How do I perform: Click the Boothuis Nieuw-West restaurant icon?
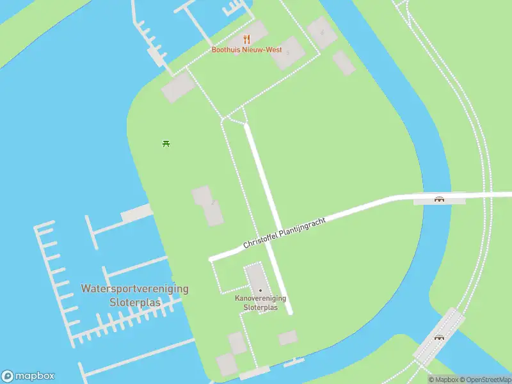tap(247, 39)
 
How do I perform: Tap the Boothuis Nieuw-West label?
tap(247, 49)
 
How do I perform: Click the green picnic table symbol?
tap(166, 143)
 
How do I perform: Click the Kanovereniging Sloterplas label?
tap(260, 303)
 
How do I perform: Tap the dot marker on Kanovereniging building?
tap(260, 291)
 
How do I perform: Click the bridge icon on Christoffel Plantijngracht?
tap(440, 198)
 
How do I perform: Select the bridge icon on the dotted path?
tap(439, 337)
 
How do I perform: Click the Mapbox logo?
tap(28, 376)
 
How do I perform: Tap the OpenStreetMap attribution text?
tap(484, 380)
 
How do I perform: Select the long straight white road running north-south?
tap(269, 218)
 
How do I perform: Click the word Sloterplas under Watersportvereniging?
tap(135, 302)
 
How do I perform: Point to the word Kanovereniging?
tap(260, 298)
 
